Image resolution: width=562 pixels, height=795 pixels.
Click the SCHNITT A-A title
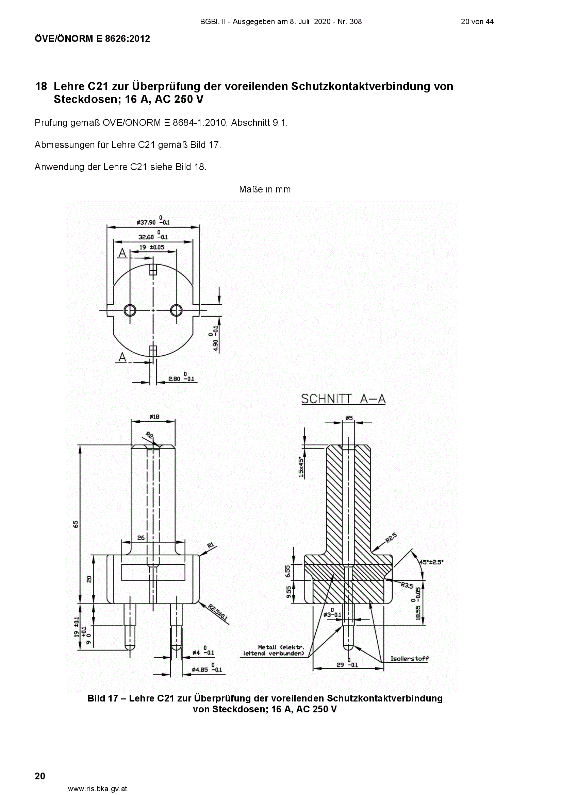coord(343,399)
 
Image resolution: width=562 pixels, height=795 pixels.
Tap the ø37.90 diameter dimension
coord(153,221)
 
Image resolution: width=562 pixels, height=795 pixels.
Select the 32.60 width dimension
coord(153,236)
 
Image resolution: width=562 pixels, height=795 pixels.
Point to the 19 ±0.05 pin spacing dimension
coord(152,248)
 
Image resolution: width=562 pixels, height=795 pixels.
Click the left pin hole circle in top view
coord(130,310)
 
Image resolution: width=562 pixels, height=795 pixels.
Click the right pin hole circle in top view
coord(176,310)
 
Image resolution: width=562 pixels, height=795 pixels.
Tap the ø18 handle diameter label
coord(154,417)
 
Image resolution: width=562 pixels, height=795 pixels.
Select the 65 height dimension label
coord(76,525)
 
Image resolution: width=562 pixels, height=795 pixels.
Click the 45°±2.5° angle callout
coord(431,562)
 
